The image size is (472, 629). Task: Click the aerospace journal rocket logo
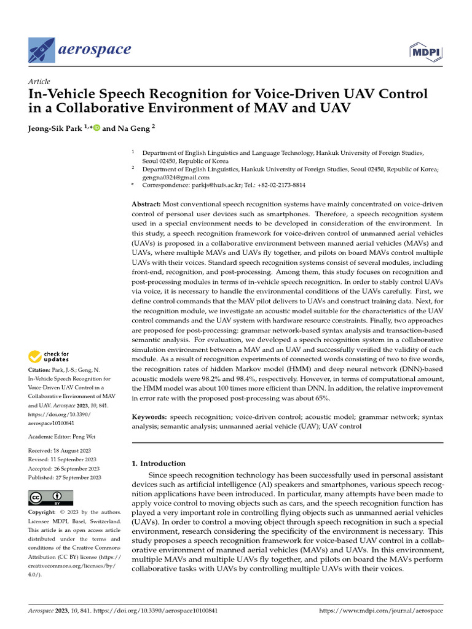tap(41, 49)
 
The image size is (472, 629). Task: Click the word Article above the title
tap(39, 82)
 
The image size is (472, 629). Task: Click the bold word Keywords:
tap(149, 417)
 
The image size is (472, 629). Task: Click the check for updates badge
tap(49, 356)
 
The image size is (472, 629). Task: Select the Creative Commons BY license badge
tap(51, 498)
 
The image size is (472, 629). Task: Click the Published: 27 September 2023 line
tap(65, 477)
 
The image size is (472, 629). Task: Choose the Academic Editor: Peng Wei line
tap(68, 436)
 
